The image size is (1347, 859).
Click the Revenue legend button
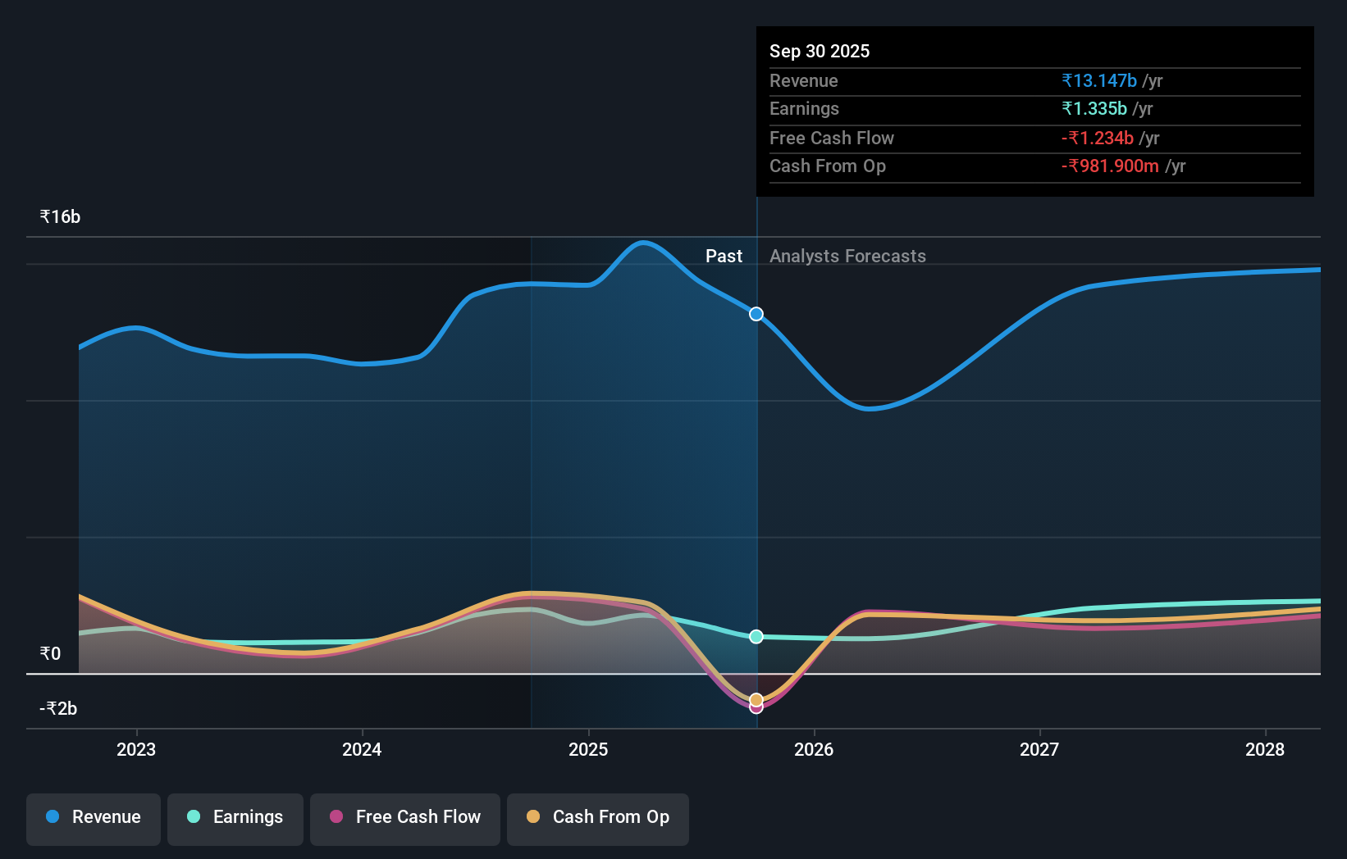pyautogui.click(x=94, y=817)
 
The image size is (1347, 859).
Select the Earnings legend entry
pyautogui.click(x=235, y=817)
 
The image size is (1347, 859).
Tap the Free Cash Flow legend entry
pyautogui.click(x=405, y=817)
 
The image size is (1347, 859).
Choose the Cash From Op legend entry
pyautogui.click(x=598, y=817)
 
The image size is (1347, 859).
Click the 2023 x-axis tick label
pyautogui.click(x=136, y=749)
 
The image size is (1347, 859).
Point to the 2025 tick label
pyautogui.click(x=588, y=749)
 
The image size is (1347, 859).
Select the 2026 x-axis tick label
pyautogui.click(x=814, y=749)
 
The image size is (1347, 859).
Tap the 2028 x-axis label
pyautogui.click(x=1265, y=749)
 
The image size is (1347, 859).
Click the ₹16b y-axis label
pyautogui.click(x=60, y=217)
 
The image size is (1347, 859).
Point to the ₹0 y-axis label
pyautogui.click(x=50, y=654)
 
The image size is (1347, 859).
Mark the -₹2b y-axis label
pyautogui.click(x=58, y=709)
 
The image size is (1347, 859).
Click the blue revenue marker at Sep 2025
pyautogui.click(x=756, y=314)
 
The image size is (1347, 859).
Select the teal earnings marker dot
pyautogui.click(x=756, y=637)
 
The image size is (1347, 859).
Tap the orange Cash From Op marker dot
pyautogui.click(x=756, y=699)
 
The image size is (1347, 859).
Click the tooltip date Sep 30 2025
pyautogui.click(x=820, y=51)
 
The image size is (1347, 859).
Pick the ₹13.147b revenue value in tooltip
pyautogui.click(x=1099, y=80)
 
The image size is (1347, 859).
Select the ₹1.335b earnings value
pyautogui.click(x=1094, y=108)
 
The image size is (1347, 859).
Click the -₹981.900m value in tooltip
pyautogui.click(x=1110, y=166)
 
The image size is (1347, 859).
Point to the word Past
pyautogui.click(x=724, y=257)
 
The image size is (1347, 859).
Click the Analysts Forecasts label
pyautogui.click(x=847, y=257)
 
